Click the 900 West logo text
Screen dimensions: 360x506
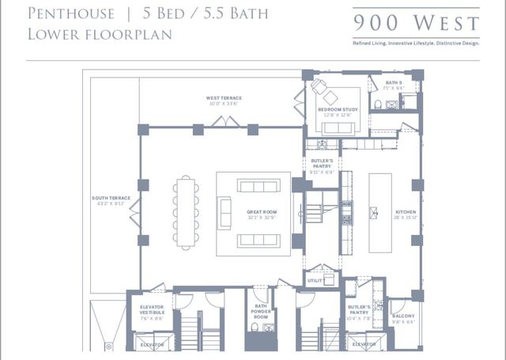(x=416, y=22)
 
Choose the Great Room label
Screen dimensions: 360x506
(x=259, y=213)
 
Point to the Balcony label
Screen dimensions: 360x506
(x=403, y=318)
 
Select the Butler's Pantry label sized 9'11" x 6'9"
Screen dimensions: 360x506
(x=322, y=165)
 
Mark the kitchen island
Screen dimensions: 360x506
(x=380, y=212)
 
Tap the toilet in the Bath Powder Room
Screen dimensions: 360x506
(x=254, y=326)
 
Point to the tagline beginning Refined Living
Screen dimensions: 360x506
(x=416, y=42)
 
